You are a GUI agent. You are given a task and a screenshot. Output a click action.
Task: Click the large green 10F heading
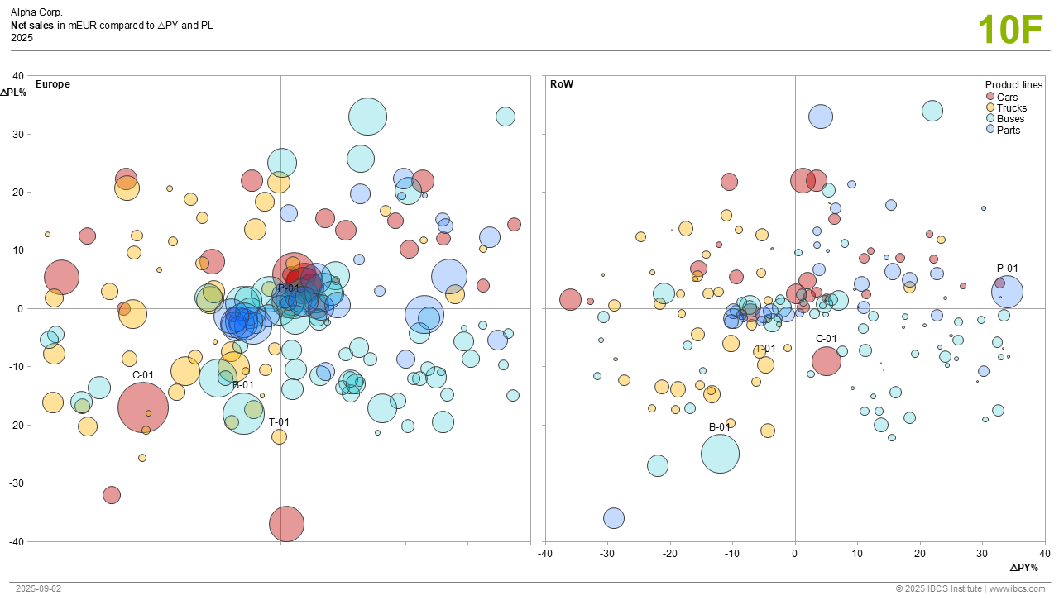point(1010,30)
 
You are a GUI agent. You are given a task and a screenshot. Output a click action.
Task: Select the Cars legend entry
point(1007,98)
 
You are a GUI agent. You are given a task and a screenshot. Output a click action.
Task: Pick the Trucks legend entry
point(1011,108)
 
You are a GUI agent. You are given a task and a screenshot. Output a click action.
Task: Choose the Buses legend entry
point(1010,119)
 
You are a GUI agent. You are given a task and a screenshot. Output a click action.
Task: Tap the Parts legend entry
point(1009,131)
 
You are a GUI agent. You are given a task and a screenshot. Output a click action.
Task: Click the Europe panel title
point(53,84)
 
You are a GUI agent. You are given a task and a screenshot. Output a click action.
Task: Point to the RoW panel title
point(562,84)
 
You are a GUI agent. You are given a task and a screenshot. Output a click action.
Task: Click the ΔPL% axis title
point(13,93)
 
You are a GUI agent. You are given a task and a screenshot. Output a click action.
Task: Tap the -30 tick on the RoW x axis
point(607,553)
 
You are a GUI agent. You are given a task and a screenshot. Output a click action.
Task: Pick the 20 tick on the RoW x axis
point(920,553)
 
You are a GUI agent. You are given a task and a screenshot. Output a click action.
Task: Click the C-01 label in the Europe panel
point(143,374)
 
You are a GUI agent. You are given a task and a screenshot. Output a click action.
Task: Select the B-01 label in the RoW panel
point(720,427)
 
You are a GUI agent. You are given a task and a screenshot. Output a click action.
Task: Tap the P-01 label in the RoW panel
point(1007,269)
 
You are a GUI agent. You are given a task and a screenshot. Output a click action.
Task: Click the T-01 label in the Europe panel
point(279,421)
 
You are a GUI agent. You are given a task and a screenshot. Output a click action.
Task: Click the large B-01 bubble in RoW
point(720,454)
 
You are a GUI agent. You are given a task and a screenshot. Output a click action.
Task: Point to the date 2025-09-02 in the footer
point(38,588)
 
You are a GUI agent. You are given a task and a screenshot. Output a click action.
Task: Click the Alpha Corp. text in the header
point(36,13)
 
